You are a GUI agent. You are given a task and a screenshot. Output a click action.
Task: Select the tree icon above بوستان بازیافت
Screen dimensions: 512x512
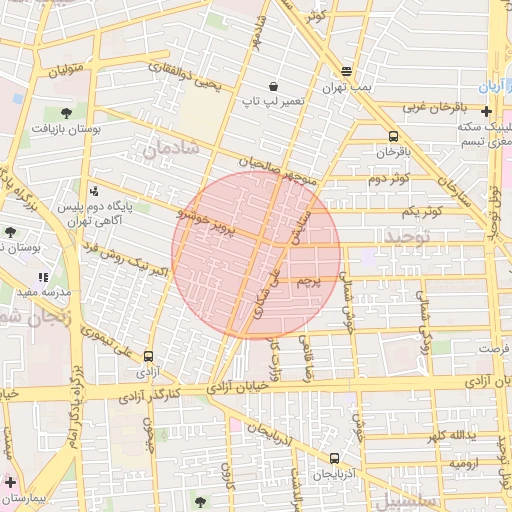pos(66,113)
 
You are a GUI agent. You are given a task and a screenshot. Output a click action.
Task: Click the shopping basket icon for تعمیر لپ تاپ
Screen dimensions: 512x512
pos(274,86)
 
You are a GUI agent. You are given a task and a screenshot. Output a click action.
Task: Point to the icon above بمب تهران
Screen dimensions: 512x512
pos(346,72)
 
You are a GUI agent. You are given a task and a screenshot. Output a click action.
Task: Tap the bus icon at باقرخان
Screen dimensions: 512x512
pos(393,136)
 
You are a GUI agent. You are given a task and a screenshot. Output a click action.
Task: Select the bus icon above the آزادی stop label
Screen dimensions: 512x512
pos(149,356)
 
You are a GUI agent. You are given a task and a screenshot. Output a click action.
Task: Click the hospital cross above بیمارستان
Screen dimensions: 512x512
pos(10,482)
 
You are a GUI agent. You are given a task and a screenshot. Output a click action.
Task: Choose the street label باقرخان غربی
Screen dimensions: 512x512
pos(437,105)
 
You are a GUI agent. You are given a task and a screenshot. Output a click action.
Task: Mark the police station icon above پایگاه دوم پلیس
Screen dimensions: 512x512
pos(94,191)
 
